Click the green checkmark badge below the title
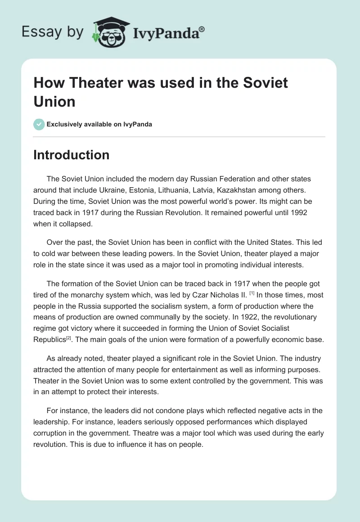click(39, 124)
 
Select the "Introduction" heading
click(71, 155)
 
